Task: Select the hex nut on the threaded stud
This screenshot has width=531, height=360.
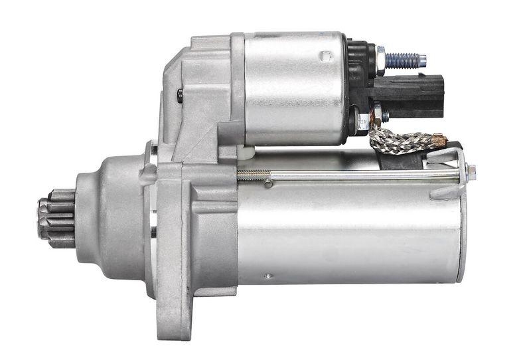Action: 380,60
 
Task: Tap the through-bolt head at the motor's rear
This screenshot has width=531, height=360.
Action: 471,171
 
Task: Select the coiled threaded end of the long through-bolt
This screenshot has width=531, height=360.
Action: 254,176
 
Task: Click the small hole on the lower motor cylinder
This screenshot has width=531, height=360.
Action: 267,276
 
